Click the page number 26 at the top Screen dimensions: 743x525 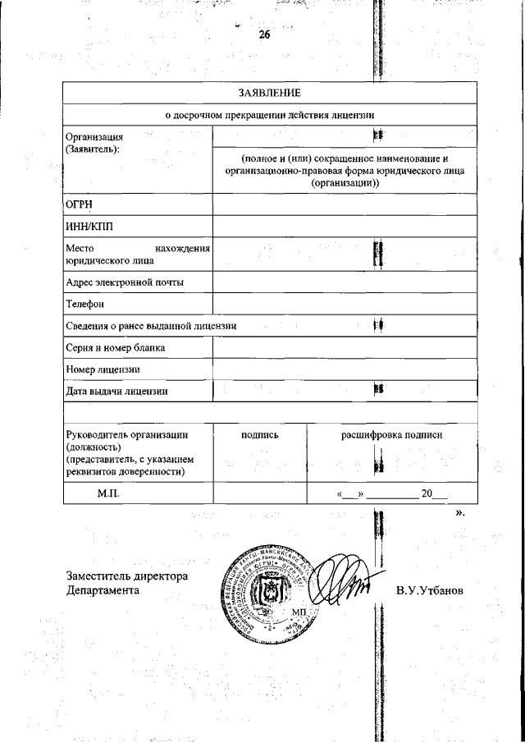point(264,34)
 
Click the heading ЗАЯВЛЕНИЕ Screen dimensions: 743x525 point(269,92)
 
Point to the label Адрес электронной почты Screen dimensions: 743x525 point(125,282)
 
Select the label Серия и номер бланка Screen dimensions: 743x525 point(116,348)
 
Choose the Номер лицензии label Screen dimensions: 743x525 point(103,369)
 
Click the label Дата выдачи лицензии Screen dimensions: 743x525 point(117,392)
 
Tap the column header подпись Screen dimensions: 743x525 point(260,435)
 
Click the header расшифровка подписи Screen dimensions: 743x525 point(391,435)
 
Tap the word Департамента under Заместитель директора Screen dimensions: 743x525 point(103,589)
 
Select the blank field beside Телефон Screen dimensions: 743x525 point(343,305)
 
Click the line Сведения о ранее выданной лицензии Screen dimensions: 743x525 point(152,326)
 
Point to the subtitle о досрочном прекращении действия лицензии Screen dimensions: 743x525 point(269,115)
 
